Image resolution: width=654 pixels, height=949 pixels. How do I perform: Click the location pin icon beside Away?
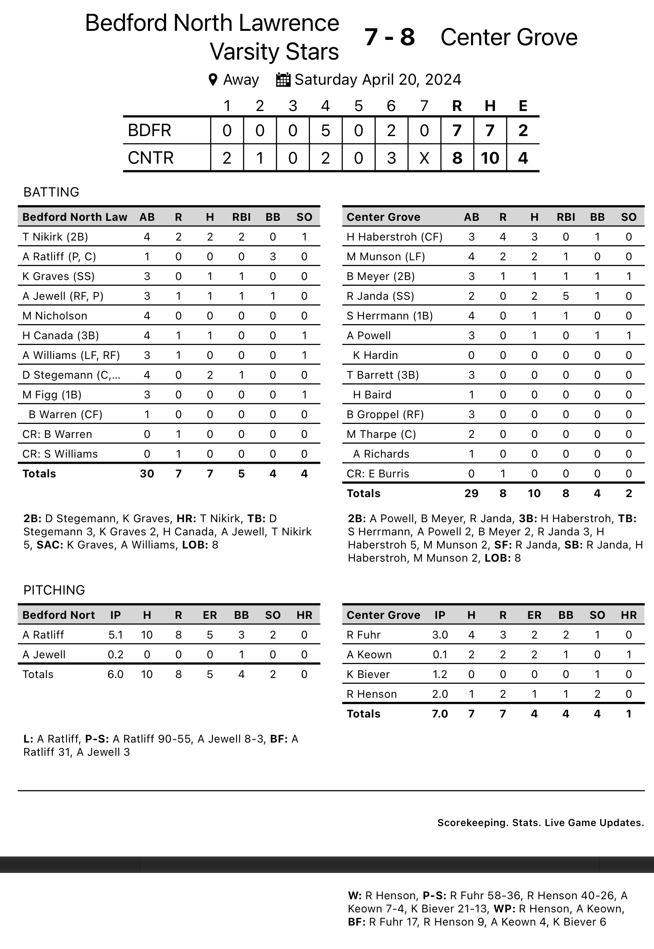click(x=213, y=80)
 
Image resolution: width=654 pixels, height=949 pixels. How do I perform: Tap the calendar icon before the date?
click(x=283, y=80)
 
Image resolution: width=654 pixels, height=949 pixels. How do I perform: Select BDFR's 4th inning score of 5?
click(x=326, y=131)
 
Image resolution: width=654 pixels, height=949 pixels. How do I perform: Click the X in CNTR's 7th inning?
click(x=424, y=158)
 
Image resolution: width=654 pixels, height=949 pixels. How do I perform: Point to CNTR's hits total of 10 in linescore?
click(x=490, y=158)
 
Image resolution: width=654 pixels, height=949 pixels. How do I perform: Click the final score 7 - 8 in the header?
click(x=389, y=37)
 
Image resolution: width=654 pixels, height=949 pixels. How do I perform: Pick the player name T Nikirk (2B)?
click(x=55, y=237)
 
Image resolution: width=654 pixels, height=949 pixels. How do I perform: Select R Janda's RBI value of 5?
click(x=566, y=296)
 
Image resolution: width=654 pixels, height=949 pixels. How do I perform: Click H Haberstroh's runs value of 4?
click(x=503, y=237)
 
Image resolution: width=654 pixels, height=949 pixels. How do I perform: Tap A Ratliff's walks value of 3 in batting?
click(x=273, y=257)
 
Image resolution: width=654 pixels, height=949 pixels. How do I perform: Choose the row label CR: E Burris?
click(x=378, y=474)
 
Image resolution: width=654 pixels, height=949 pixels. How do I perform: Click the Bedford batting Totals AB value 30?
click(x=147, y=474)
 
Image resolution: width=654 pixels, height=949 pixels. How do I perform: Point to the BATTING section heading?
click(x=51, y=192)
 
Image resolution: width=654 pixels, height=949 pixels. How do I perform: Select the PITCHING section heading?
click(x=54, y=590)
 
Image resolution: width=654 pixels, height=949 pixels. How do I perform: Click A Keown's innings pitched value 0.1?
click(x=440, y=655)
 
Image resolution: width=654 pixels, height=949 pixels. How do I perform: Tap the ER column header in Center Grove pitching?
click(x=534, y=615)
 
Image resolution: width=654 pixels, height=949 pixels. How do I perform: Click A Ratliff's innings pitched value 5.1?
click(x=116, y=635)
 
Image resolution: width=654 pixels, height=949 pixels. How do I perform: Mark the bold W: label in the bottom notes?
click(x=355, y=896)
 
